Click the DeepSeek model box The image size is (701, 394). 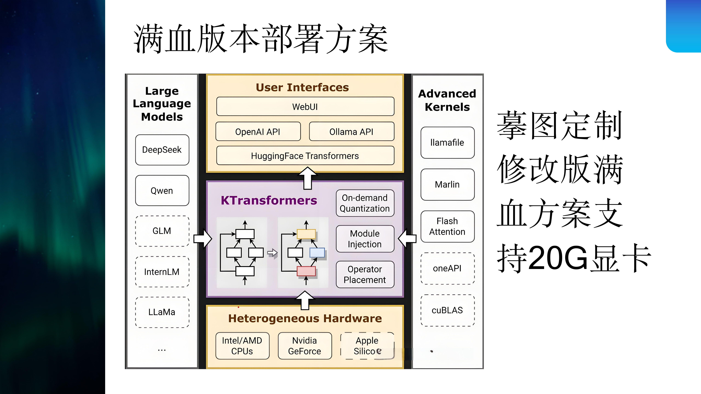click(x=162, y=150)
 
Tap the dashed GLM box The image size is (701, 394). click(x=162, y=231)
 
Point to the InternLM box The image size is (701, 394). click(x=162, y=272)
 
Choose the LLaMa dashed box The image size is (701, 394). click(x=162, y=312)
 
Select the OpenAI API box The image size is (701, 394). click(x=258, y=132)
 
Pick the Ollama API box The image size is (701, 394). click(x=351, y=132)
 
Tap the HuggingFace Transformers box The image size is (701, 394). click(x=305, y=156)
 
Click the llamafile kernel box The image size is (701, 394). click(x=447, y=142)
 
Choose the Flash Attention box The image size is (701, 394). click(x=447, y=226)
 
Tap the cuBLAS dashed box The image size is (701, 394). click(x=447, y=310)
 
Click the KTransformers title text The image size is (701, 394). click(x=269, y=200)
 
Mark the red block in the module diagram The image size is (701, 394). click(x=306, y=271)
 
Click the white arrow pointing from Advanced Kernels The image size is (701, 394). click(x=407, y=238)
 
